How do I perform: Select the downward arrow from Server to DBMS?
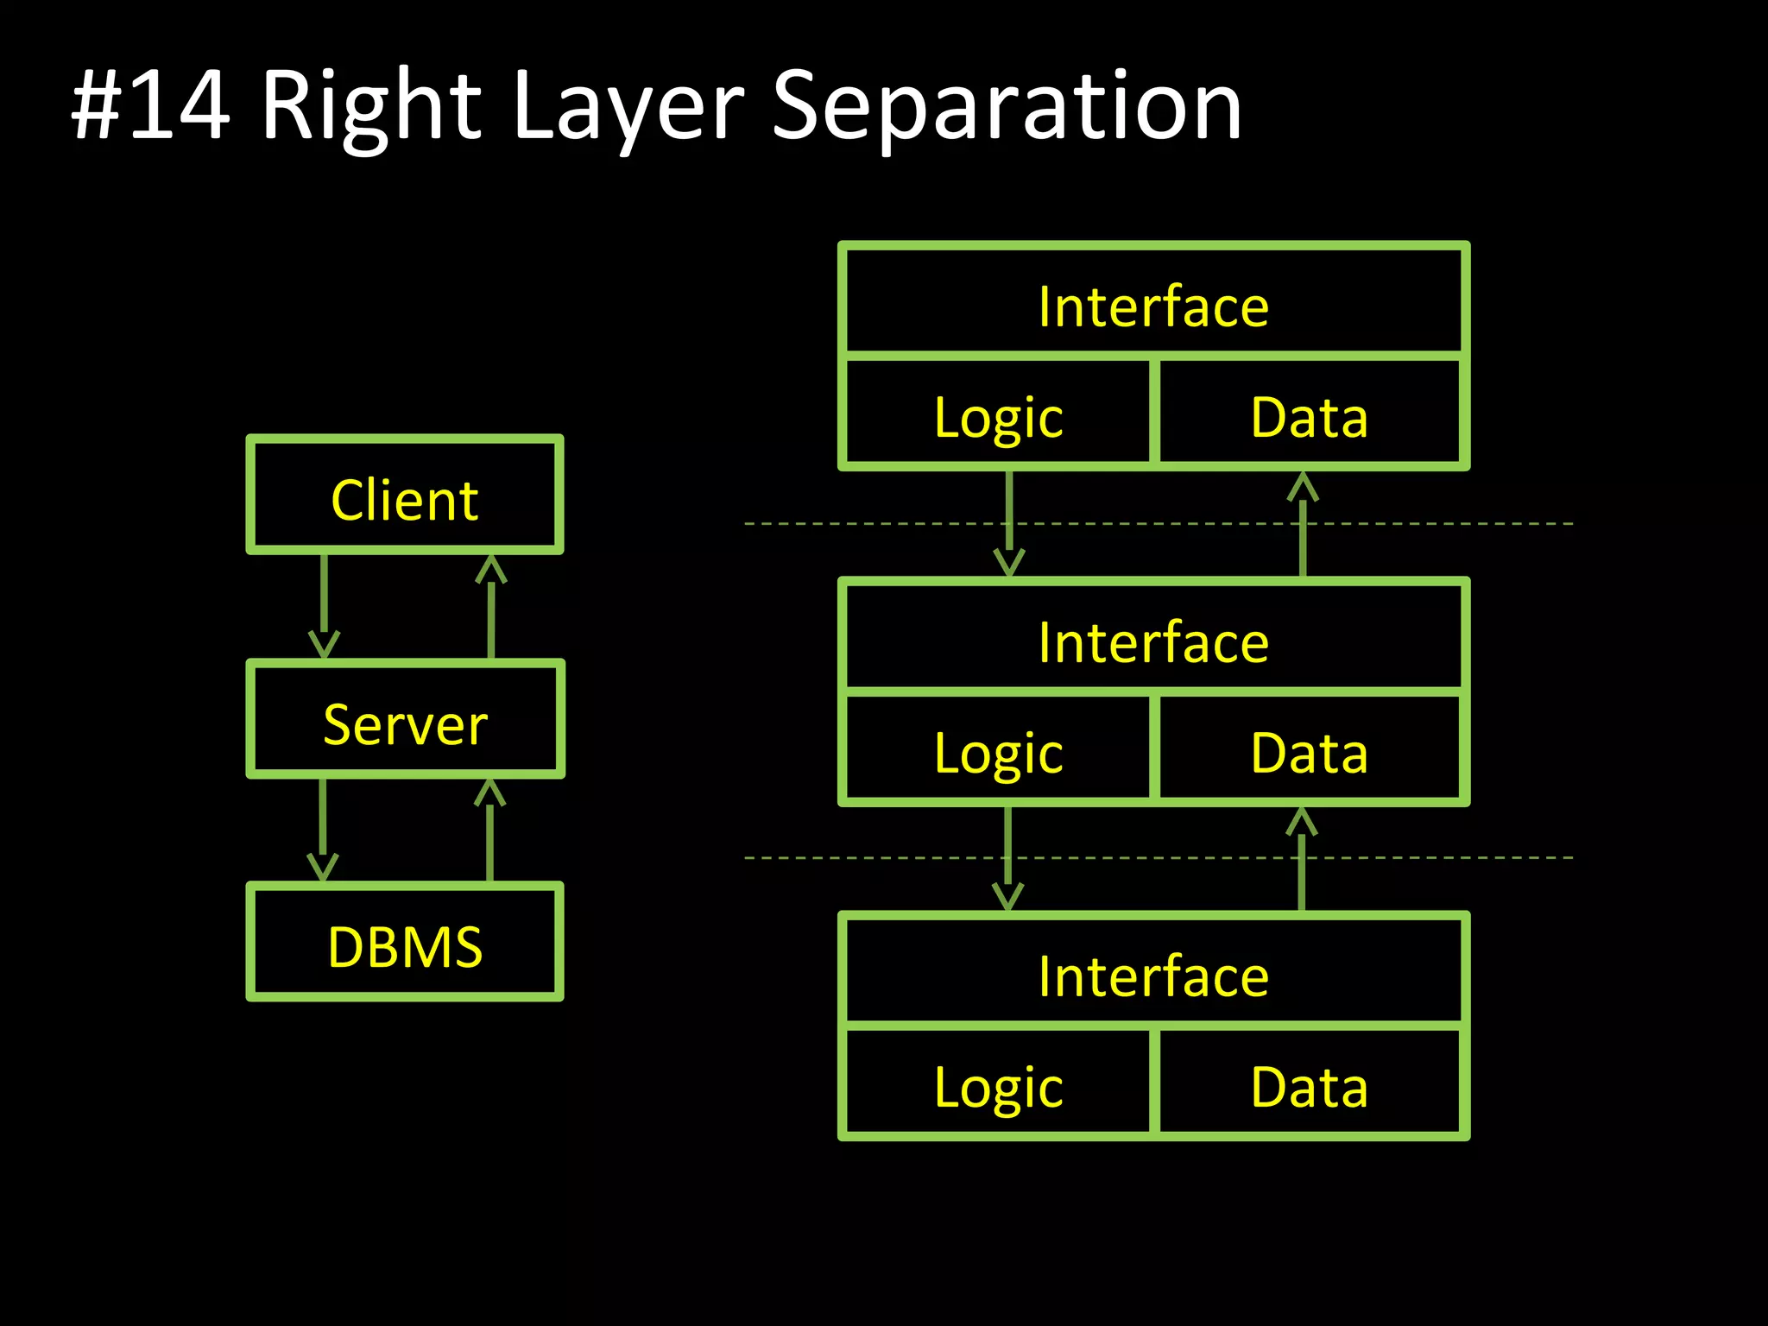pos(323,830)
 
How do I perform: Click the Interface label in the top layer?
pos(1153,306)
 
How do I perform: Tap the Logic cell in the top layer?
pos(998,417)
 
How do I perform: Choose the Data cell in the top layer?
pos(1309,417)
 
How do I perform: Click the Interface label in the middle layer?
pos(1153,642)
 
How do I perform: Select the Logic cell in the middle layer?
pos(998,753)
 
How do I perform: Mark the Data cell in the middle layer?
pos(1309,753)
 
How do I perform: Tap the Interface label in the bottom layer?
pos(1153,976)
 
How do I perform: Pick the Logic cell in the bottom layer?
pos(998,1086)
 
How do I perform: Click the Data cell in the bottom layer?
pos(1309,1086)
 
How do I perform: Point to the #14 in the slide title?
pos(151,106)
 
